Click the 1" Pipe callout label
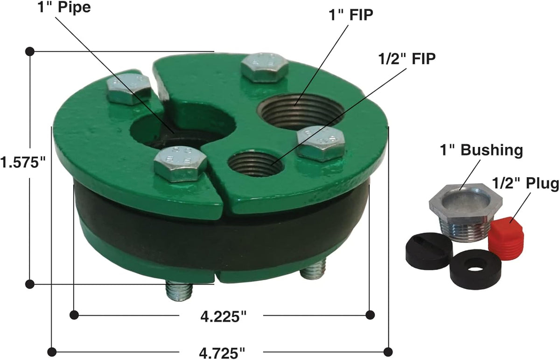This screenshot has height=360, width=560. [64, 7]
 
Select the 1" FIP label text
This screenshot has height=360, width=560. [350, 15]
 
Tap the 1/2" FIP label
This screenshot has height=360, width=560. [407, 59]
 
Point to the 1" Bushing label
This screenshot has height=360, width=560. [481, 150]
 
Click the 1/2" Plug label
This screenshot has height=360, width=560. [525, 183]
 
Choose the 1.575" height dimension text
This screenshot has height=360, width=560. [23, 162]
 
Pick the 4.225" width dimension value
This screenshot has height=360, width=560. [223, 317]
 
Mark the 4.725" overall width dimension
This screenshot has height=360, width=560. [222, 353]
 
